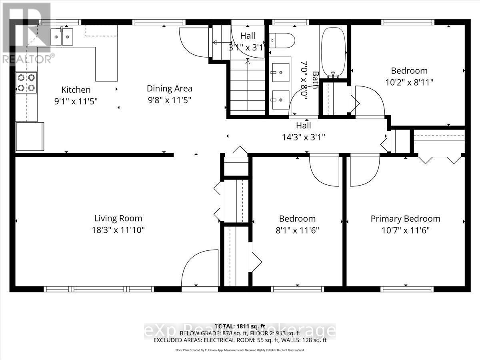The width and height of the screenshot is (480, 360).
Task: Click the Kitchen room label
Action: pos(76,90)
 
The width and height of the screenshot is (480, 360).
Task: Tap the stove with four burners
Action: pos(26,83)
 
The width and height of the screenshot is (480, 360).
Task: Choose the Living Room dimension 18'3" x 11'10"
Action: pos(118,230)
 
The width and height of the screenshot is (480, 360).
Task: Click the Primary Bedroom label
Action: pos(405,219)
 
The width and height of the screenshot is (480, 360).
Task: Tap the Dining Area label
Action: pos(169,88)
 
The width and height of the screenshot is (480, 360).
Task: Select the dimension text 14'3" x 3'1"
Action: pos(303,137)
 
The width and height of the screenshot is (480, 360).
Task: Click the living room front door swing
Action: pos(195,270)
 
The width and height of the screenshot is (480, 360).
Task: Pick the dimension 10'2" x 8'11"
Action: pos(409,82)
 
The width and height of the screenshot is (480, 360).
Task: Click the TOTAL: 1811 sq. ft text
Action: pos(240,326)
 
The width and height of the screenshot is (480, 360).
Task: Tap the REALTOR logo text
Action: pos(27,59)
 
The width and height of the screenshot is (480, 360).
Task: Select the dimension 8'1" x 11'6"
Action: pos(297,230)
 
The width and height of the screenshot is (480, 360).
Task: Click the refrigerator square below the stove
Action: pos(30,136)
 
